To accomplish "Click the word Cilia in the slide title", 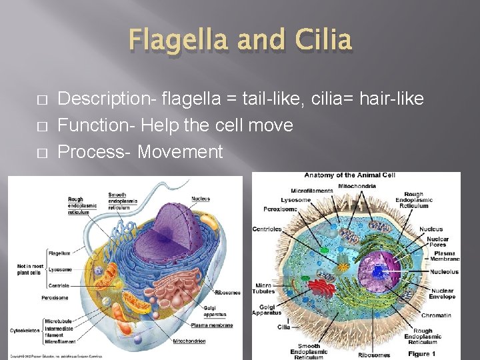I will tap(321, 39).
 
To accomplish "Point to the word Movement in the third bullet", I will tap(180, 152).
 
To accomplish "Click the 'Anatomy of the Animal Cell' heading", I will tap(349, 175).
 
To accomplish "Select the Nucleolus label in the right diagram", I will tap(443, 271).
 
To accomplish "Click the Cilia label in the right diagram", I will tap(283, 327).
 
